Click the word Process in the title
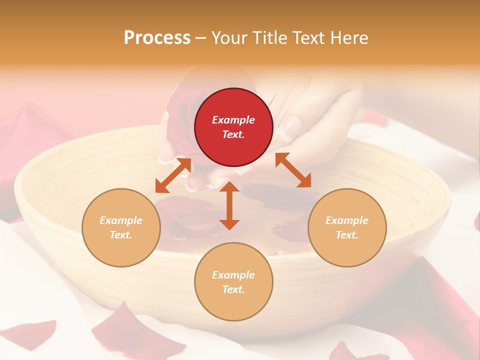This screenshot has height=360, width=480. click(157, 38)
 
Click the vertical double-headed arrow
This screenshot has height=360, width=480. click(229, 205)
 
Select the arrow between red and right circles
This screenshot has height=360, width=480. click(293, 170)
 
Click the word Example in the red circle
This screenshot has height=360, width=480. click(233, 120)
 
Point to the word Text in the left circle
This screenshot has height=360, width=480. click(121, 235)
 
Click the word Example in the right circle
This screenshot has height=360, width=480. click(347, 220)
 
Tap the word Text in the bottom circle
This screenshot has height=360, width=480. click(233, 289)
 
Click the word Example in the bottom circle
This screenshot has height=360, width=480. click(233, 275)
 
